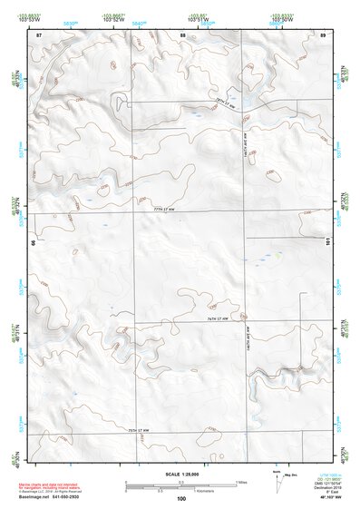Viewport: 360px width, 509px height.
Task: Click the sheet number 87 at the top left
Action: [x=39, y=34]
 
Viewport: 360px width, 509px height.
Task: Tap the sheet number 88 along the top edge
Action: [x=182, y=34]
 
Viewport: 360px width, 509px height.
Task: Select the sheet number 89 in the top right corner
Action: [x=323, y=34]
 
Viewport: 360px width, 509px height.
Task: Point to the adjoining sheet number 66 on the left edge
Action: [x=34, y=243]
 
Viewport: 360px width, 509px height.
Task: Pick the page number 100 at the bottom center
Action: [x=181, y=498]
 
